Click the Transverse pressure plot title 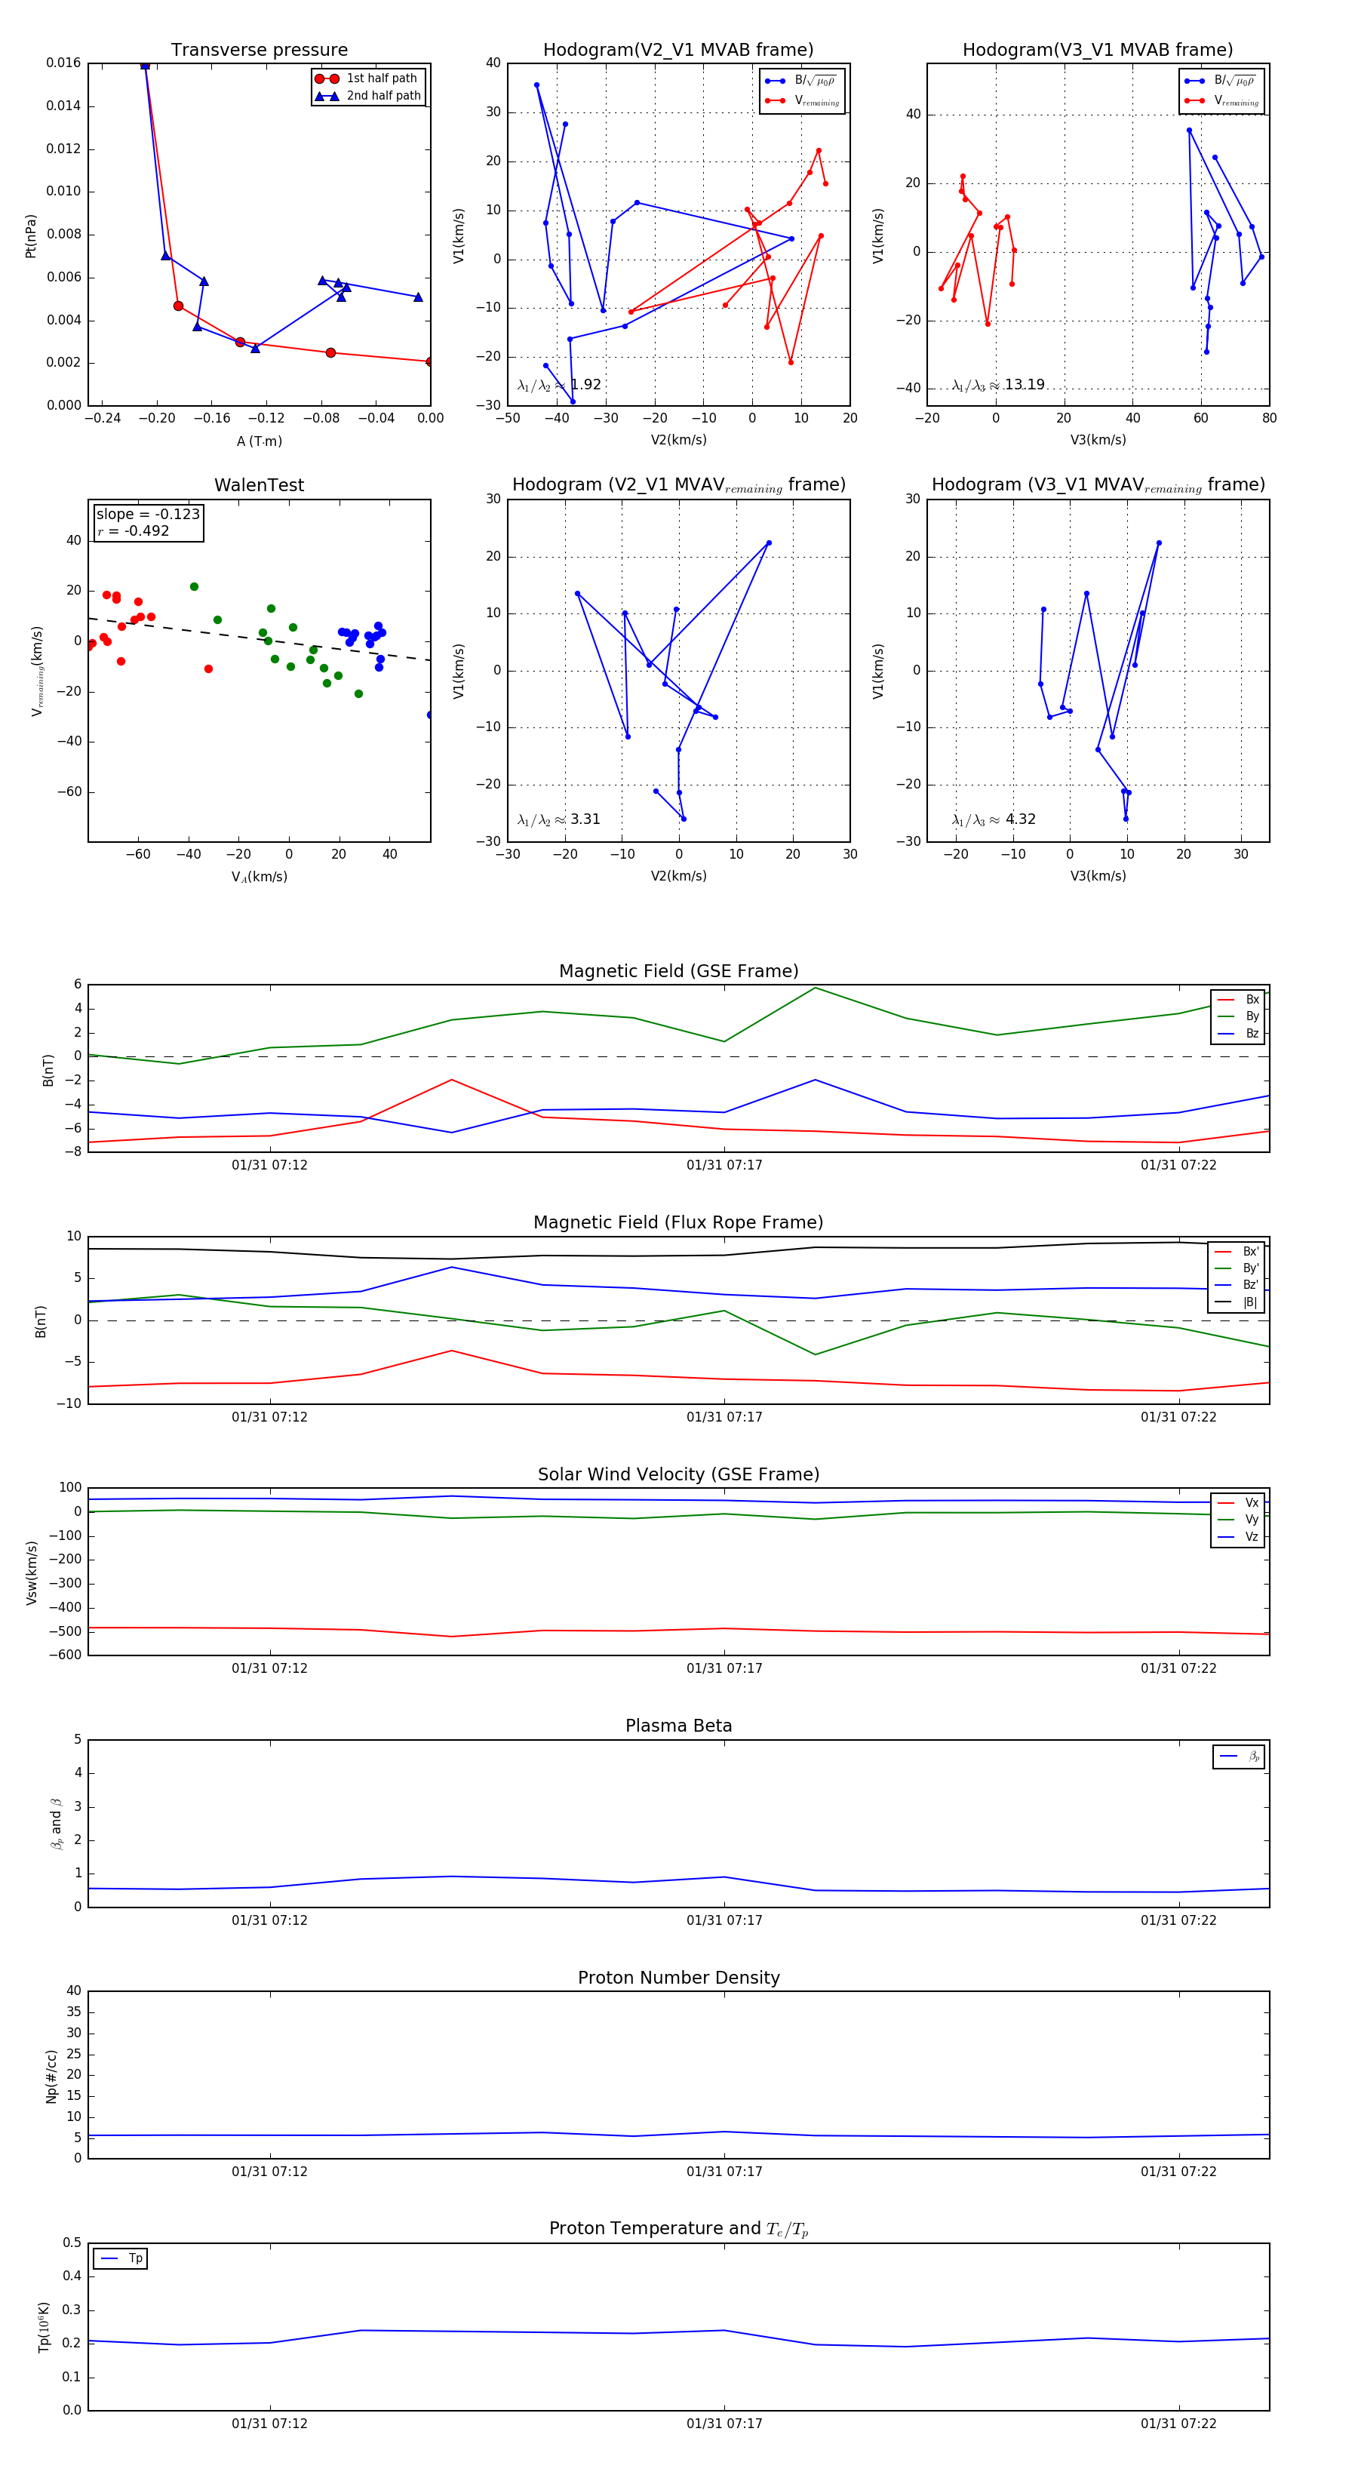click(x=259, y=51)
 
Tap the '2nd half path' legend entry click(x=383, y=96)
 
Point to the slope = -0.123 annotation click(x=148, y=515)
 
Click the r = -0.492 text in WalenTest click(x=134, y=530)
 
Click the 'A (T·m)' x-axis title click(x=259, y=441)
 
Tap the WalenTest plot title click(x=259, y=485)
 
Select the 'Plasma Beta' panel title click(x=678, y=1726)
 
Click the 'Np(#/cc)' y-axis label click(x=52, y=2077)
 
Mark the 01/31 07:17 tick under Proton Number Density click(x=724, y=2171)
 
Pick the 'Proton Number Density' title click(x=678, y=1978)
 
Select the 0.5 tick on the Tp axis click(x=72, y=2243)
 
